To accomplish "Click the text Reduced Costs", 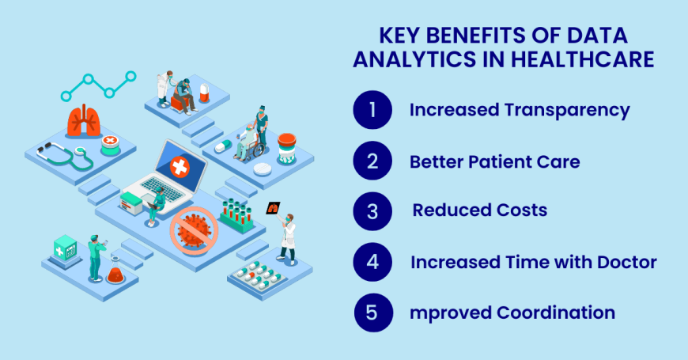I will pos(479,211).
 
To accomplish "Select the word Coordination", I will pos(556,313).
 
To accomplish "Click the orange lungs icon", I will pos(83,121).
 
